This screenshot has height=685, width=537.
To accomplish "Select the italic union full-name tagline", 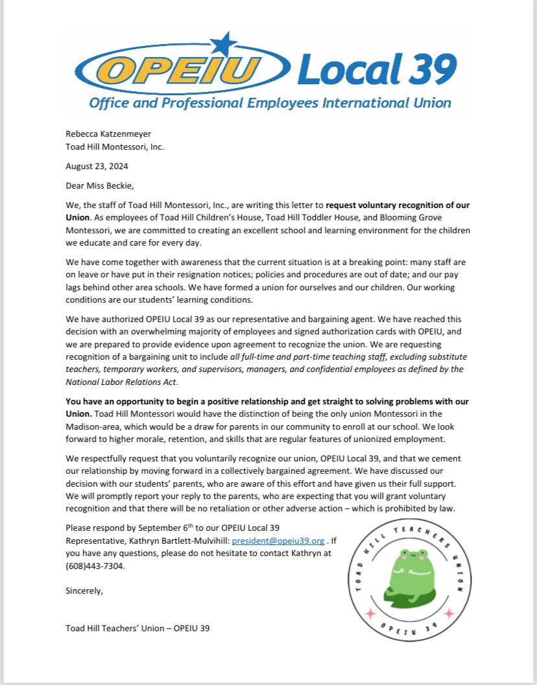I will pos(269,102).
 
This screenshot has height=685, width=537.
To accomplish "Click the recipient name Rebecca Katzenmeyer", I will pos(108,134).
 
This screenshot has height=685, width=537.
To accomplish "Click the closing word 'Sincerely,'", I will pos(84,590).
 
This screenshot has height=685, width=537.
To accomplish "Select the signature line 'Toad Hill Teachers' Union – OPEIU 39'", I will pos(137,628).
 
